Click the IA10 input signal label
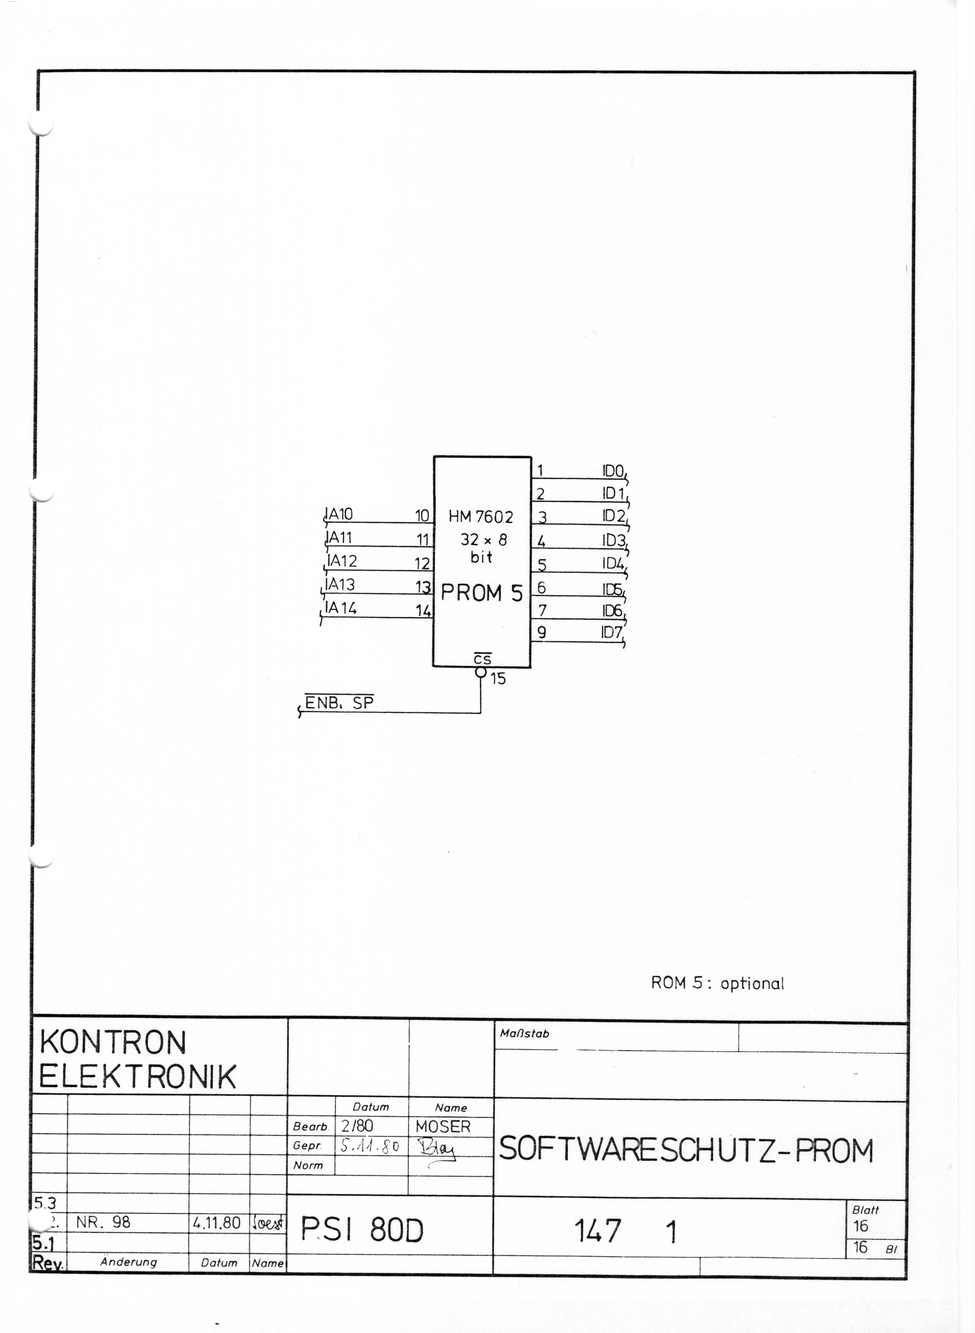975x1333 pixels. [339, 514]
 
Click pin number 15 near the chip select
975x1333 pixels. [498, 679]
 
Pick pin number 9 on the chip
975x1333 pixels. [541, 633]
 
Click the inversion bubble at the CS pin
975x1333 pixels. [481, 672]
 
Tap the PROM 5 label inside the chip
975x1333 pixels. [482, 593]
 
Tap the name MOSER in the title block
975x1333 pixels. [443, 1126]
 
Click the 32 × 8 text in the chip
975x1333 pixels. [483, 540]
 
